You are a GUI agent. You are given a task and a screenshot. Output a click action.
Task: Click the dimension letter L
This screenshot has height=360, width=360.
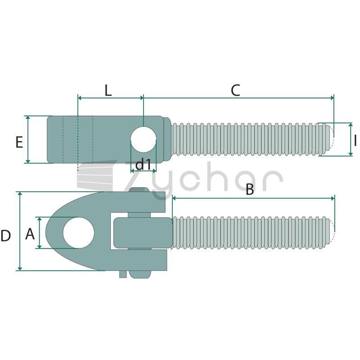coord(108,90)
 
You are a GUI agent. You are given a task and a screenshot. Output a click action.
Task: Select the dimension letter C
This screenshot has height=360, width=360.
coord(235,90)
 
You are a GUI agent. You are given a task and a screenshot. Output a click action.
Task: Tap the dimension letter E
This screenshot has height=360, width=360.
coord(19,142)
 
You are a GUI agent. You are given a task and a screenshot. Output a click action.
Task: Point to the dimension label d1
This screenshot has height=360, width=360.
coord(143,164)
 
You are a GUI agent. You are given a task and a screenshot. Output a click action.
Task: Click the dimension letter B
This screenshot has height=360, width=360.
coord(250,189)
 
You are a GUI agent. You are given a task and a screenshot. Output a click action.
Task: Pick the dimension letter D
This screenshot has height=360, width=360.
coord(6,236)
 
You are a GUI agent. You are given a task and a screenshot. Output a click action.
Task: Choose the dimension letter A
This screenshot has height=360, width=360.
coord(30,234)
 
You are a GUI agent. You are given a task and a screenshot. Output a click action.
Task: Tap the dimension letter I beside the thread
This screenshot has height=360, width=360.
coord(355,140)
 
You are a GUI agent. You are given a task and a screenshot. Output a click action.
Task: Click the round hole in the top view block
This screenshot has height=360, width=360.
coord(144,139)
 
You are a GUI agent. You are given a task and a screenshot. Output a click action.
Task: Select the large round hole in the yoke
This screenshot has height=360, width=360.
coord(78,233)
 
